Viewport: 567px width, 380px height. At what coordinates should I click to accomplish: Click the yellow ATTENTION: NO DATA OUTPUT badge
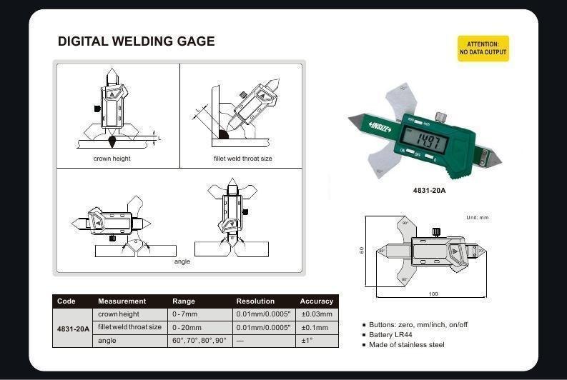[483, 49]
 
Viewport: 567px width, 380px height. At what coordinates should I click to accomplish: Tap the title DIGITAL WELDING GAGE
[137, 41]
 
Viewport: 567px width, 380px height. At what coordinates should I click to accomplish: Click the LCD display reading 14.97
[425, 139]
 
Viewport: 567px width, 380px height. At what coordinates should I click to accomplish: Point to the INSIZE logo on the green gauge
[380, 127]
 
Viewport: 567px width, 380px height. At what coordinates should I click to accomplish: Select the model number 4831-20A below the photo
[429, 191]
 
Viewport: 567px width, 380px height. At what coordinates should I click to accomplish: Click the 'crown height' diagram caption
[112, 159]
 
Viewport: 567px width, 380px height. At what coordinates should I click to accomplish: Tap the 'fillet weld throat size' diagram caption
[242, 159]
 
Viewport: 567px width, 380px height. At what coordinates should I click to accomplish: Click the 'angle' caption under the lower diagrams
[182, 261]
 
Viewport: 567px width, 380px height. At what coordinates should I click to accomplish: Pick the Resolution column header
[255, 301]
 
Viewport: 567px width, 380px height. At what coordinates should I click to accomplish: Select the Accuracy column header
[317, 301]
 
